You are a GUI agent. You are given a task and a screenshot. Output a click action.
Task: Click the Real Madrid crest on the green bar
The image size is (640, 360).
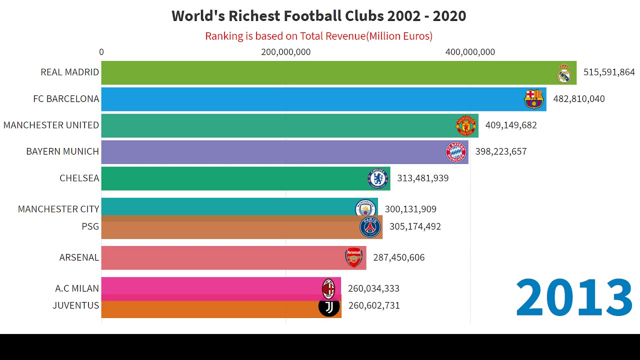[x=564, y=73]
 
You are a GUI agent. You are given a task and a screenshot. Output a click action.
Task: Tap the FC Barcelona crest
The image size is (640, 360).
[x=533, y=99]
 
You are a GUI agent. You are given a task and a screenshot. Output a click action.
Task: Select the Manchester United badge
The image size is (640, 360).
[x=465, y=125]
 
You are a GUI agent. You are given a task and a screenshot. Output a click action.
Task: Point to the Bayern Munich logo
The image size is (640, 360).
[x=455, y=152]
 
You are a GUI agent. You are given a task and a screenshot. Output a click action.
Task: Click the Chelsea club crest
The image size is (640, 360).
[x=378, y=178]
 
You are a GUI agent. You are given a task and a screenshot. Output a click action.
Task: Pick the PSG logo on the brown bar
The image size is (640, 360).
[x=370, y=227]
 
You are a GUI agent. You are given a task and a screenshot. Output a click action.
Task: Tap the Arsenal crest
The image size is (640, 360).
[x=354, y=257]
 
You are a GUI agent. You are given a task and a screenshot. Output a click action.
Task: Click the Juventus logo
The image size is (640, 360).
[x=329, y=306]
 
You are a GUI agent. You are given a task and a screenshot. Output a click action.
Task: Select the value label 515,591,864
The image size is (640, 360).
[x=608, y=72]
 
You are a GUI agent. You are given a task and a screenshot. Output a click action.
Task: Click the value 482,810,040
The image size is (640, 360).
[x=578, y=99]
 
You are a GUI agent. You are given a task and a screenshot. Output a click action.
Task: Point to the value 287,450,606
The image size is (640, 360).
[x=398, y=257]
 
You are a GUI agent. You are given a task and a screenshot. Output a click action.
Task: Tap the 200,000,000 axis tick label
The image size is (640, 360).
[x=285, y=52]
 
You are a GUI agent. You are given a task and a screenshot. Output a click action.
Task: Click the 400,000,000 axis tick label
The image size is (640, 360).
[x=470, y=52]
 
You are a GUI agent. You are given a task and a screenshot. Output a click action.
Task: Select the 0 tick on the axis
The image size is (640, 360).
[x=101, y=52]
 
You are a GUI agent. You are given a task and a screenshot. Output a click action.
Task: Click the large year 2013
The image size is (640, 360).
[x=574, y=298]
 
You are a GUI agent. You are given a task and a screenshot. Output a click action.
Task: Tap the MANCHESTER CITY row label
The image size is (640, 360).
[x=58, y=209]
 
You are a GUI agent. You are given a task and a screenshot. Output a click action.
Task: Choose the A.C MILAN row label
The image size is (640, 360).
[x=77, y=288]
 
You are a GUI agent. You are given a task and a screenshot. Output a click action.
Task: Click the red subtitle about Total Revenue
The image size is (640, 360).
[x=318, y=36]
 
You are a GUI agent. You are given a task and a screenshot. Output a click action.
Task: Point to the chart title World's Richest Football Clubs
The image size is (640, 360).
[x=318, y=16]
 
